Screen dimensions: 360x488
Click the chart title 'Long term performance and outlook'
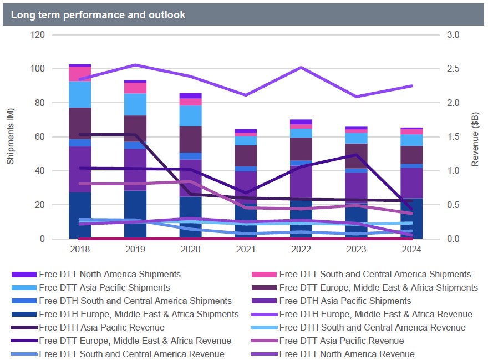click(x=98, y=15)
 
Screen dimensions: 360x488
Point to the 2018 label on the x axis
click(x=80, y=250)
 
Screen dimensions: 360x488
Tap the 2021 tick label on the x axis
click(x=245, y=250)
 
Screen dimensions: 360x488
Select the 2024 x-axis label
click(x=410, y=250)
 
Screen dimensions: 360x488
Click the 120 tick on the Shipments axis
click(x=38, y=35)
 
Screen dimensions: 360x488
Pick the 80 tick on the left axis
click(x=40, y=103)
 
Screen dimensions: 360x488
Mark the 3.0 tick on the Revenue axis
click(x=453, y=35)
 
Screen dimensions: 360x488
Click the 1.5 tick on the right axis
click(x=453, y=137)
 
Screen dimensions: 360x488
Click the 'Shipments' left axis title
click(x=10, y=136)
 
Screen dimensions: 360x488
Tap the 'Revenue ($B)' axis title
click(x=475, y=136)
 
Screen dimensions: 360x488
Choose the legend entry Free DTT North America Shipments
click(x=110, y=274)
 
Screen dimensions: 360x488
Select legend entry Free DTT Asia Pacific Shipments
click(x=104, y=287)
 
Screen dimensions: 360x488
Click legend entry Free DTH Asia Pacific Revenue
click(x=101, y=327)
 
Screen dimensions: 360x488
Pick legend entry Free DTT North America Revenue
click(x=347, y=354)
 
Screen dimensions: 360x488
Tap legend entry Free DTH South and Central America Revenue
click(x=372, y=327)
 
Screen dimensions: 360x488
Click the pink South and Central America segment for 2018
click(x=80, y=74)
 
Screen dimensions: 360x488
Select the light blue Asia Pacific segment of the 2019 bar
click(x=135, y=104)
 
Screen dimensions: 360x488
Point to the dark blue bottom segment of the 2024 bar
click(x=410, y=219)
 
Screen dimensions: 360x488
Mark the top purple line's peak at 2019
click(x=135, y=65)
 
